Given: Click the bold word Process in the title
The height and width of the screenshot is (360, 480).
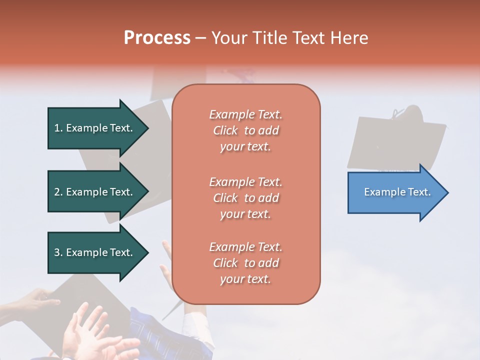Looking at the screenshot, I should coord(157,38).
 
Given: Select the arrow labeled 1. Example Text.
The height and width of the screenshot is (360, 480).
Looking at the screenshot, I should coord(95,128).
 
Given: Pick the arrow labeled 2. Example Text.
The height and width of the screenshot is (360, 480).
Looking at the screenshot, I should coord(95,192).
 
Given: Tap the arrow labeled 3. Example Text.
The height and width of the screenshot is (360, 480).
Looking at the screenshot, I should coord(95,252).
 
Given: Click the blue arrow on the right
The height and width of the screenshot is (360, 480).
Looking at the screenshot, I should coord(395,192).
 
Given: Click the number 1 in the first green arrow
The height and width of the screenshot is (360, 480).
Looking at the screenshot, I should coord(57,128).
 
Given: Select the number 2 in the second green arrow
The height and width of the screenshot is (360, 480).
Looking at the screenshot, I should coord(57,192).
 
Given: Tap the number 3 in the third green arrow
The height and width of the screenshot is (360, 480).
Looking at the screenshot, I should coord(57,252).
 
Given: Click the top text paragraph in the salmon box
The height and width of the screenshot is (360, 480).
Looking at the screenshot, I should coord(245,130).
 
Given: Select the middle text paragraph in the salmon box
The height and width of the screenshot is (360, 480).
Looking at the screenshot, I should coord(245,198).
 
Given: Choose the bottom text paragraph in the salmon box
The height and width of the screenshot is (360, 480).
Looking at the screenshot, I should coord(245,263).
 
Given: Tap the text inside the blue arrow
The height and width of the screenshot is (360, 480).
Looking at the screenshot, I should coord(397,192).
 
